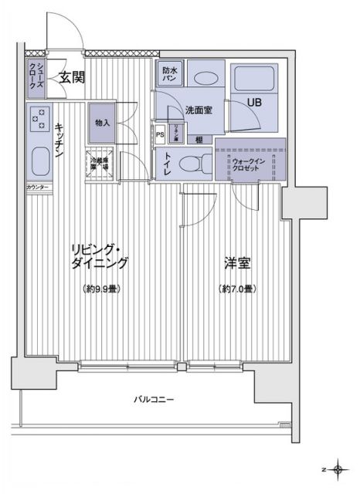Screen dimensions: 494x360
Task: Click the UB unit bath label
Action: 253,100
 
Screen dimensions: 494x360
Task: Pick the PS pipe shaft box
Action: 160,134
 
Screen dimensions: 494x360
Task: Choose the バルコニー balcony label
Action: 153,400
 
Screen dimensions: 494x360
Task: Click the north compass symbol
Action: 337,468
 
